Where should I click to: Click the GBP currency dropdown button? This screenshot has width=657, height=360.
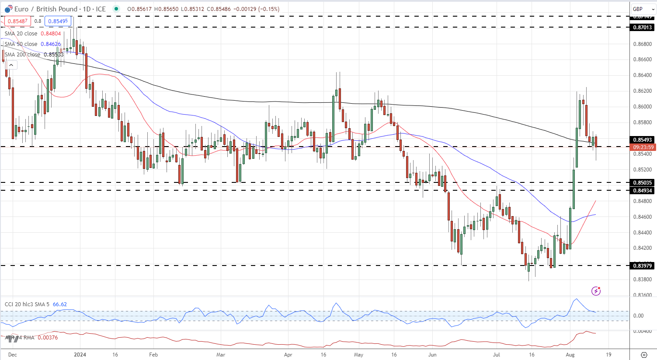pos(643,9)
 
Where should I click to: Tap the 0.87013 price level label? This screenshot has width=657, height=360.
pos(642,28)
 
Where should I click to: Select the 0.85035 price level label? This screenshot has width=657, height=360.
pos(642,183)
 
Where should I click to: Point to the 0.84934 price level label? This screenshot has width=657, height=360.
pos(642,191)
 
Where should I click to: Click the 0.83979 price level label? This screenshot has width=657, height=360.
pos(642,266)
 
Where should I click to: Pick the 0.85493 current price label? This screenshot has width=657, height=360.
pos(642,140)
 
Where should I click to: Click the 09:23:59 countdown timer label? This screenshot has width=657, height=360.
pos(642,147)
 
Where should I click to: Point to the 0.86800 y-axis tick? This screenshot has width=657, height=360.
pos(642,44)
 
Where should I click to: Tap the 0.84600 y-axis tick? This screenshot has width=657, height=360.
pos(642,217)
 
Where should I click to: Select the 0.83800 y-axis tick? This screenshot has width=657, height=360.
pos(642,280)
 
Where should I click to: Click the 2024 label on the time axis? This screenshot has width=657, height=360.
pos(80,355)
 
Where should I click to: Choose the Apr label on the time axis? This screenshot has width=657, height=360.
pos(288,355)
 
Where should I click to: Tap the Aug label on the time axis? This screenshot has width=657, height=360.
pos(570,355)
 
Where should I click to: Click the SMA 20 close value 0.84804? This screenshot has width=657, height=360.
pos(51,34)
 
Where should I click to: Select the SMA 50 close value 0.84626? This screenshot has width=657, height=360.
pos(51,44)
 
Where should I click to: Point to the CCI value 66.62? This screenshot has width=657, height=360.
pos(60,304)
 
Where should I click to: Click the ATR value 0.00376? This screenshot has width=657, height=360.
pos(48,338)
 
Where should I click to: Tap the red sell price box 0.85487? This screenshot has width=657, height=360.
pos(17,21)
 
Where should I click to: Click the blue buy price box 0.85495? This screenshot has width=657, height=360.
pos(58,21)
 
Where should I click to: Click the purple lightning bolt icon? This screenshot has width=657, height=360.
pos(596,291)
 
